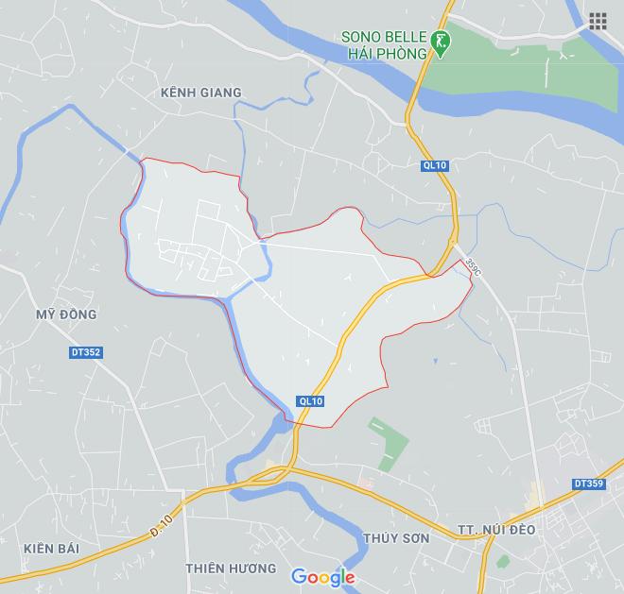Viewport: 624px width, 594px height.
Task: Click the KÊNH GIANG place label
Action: click(201, 93)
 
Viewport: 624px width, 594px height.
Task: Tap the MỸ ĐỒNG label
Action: click(66, 314)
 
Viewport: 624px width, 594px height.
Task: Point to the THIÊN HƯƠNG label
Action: click(231, 569)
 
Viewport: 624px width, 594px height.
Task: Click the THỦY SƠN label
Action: click(395, 538)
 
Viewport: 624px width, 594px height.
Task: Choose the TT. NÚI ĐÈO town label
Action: click(495, 530)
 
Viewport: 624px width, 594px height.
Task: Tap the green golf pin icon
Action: click(441, 42)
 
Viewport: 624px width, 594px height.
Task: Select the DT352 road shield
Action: click(85, 352)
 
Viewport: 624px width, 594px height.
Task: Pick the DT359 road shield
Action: click(588, 484)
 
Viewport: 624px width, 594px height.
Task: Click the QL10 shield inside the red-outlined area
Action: click(310, 401)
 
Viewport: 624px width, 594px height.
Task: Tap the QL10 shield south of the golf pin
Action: click(435, 166)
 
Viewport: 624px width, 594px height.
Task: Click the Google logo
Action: click(322, 577)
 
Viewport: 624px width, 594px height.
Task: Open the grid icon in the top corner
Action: click(598, 22)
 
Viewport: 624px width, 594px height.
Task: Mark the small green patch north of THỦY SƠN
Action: click(389, 444)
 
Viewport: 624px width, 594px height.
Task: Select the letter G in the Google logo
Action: click(299, 576)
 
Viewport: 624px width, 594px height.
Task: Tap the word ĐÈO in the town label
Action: click(519, 530)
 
